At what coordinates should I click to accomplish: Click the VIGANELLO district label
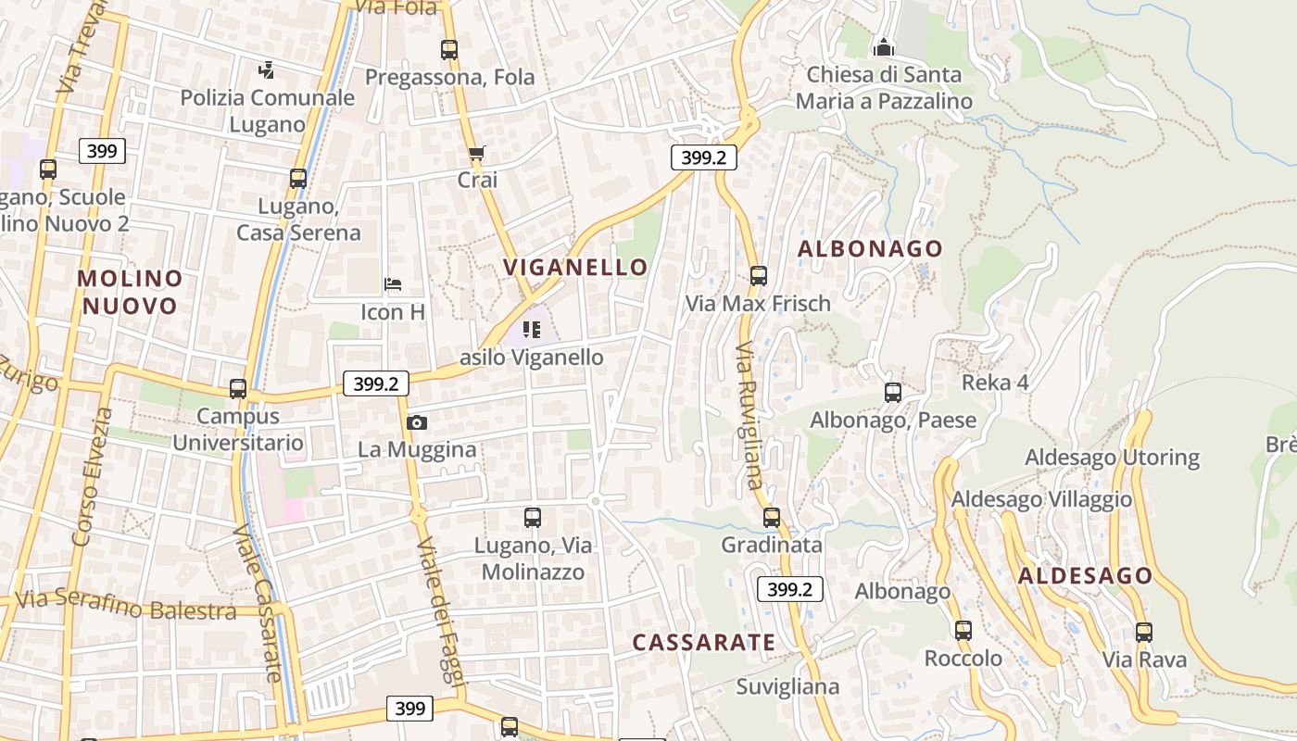pyautogui.click(x=575, y=268)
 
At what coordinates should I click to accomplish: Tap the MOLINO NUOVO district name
pyautogui.click(x=129, y=292)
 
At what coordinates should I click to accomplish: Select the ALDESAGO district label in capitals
pyautogui.click(x=1085, y=576)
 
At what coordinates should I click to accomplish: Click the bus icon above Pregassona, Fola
pyautogui.click(x=449, y=50)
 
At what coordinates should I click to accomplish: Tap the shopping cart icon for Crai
pyautogui.click(x=477, y=153)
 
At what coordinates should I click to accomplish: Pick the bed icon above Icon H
pyautogui.click(x=393, y=283)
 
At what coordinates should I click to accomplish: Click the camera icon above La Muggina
pyautogui.click(x=417, y=423)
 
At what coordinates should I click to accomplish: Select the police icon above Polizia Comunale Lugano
pyautogui.click(x=267, y=69)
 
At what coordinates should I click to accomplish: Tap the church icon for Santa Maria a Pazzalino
pyautogui.click(x=884, y=46)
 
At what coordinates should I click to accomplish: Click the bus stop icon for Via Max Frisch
pyautogui.click(x=759, y=275)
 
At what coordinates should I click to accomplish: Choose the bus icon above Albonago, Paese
pyautogui.click(x=893, y=393)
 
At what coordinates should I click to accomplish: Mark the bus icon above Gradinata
pyautogui.click(x=772, y=517)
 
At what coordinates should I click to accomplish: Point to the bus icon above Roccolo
pyautogui.click(x=963, y=631)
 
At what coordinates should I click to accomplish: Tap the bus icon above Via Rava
pyautogui.click(x=1144, y=633)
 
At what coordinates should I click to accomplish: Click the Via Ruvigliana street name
pyautogui.click(x=749, y=415)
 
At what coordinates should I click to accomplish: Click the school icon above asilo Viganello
pyautogui.click(x=532, y=329)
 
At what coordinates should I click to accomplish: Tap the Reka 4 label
pyautogui.click(x=995, y=383)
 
